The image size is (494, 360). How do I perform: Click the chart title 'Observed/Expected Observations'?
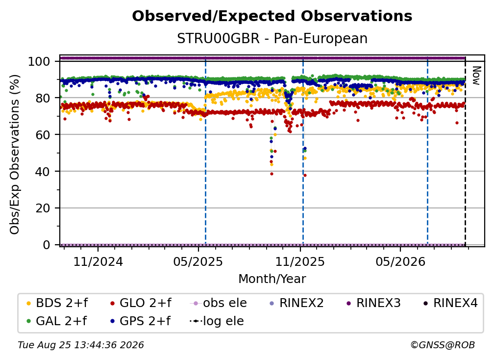[272, 16]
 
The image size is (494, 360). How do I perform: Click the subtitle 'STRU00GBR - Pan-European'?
[272, 38]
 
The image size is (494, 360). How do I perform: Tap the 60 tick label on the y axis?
[43, 135]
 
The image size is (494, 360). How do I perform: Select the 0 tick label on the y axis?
[47, 245]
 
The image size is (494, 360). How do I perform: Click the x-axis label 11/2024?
[98, 261]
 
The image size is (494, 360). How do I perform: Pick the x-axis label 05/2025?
[198, 261]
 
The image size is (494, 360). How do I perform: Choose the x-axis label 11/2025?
[300, 261]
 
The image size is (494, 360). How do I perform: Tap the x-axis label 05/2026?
[400, 261]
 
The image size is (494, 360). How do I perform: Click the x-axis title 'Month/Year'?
[272, 279]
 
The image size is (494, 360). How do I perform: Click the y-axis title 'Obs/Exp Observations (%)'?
[15, 154]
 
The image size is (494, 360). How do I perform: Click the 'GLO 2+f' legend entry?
[141, 303]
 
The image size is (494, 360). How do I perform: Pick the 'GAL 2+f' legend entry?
[56, 321]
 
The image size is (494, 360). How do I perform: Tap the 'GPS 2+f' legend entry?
[140, 321]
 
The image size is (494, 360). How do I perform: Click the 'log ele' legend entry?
[217, 321]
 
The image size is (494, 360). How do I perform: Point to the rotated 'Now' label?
[476, 76]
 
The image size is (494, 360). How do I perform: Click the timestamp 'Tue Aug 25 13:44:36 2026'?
[81, 345]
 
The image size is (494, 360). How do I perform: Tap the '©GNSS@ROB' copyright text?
[443, 345]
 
